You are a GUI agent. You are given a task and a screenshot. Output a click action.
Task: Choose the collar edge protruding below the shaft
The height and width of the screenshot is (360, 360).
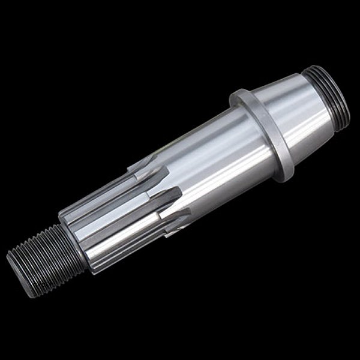click(284, 173)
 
